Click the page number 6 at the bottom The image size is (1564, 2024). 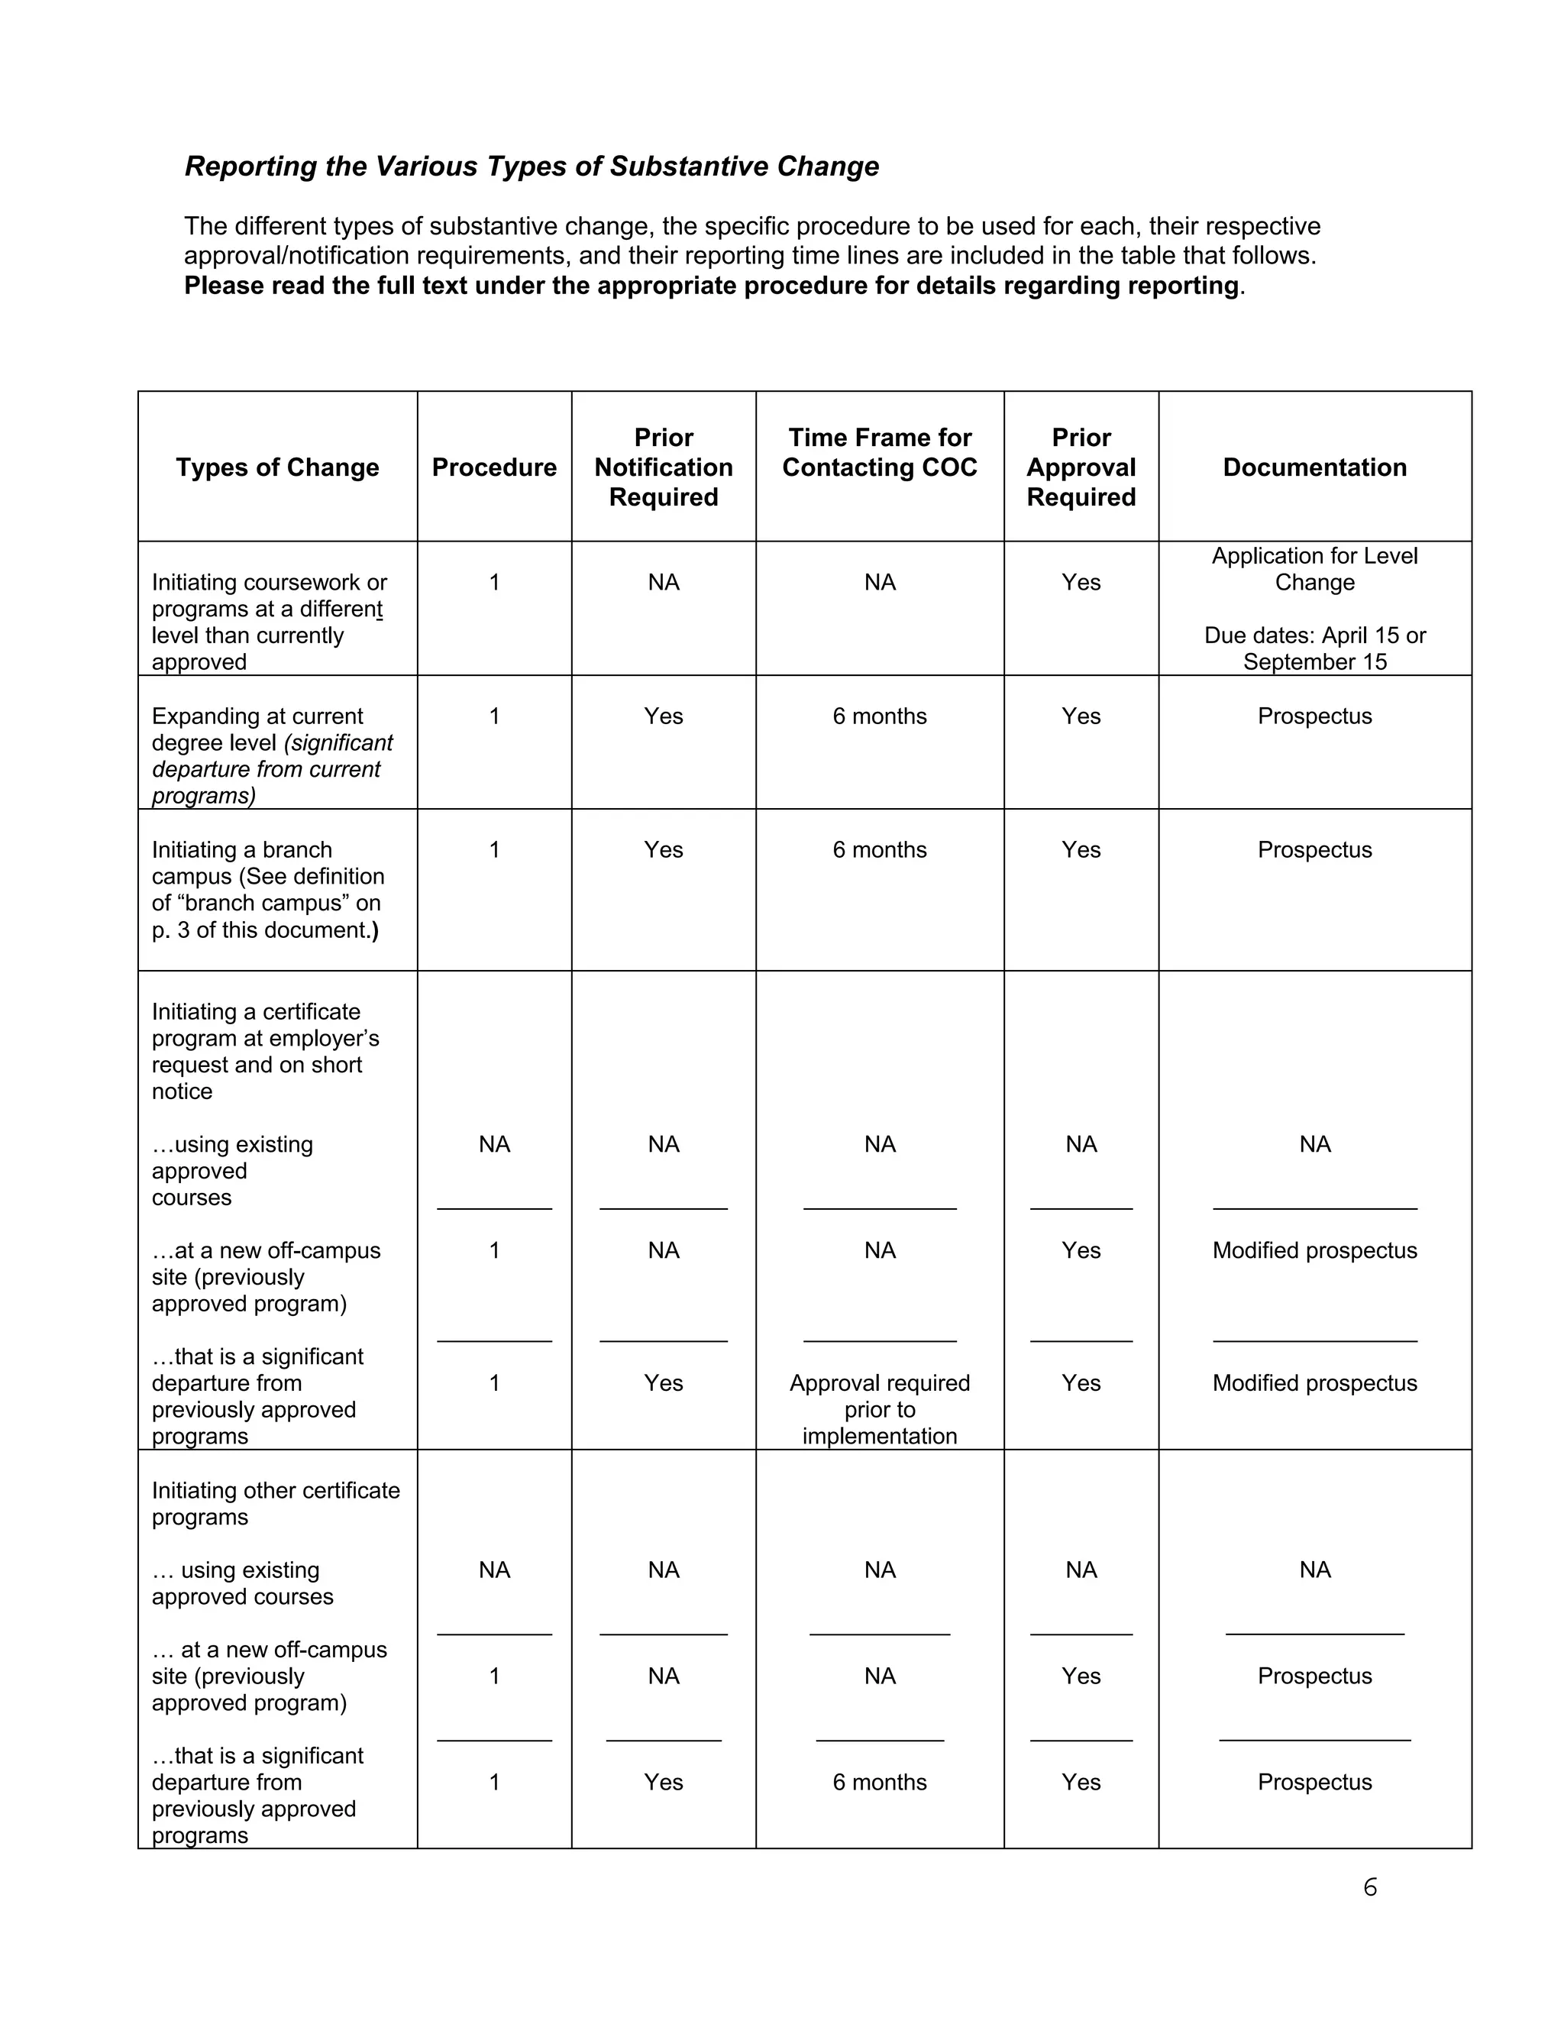[1369, 1887]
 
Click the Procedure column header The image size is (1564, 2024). [494, 467]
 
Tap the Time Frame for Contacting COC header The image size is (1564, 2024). [879, 452]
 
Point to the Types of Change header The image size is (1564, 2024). [277, 467]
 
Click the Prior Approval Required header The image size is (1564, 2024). [1081, 467]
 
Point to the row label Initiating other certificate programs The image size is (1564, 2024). [275, 1503]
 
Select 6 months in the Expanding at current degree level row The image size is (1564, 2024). [879, 716]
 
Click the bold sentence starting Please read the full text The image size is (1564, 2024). [711, 286]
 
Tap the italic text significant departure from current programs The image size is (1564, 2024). [273, 769]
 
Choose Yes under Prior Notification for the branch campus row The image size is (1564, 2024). [664, 850]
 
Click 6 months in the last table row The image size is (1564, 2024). [879, 1782]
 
